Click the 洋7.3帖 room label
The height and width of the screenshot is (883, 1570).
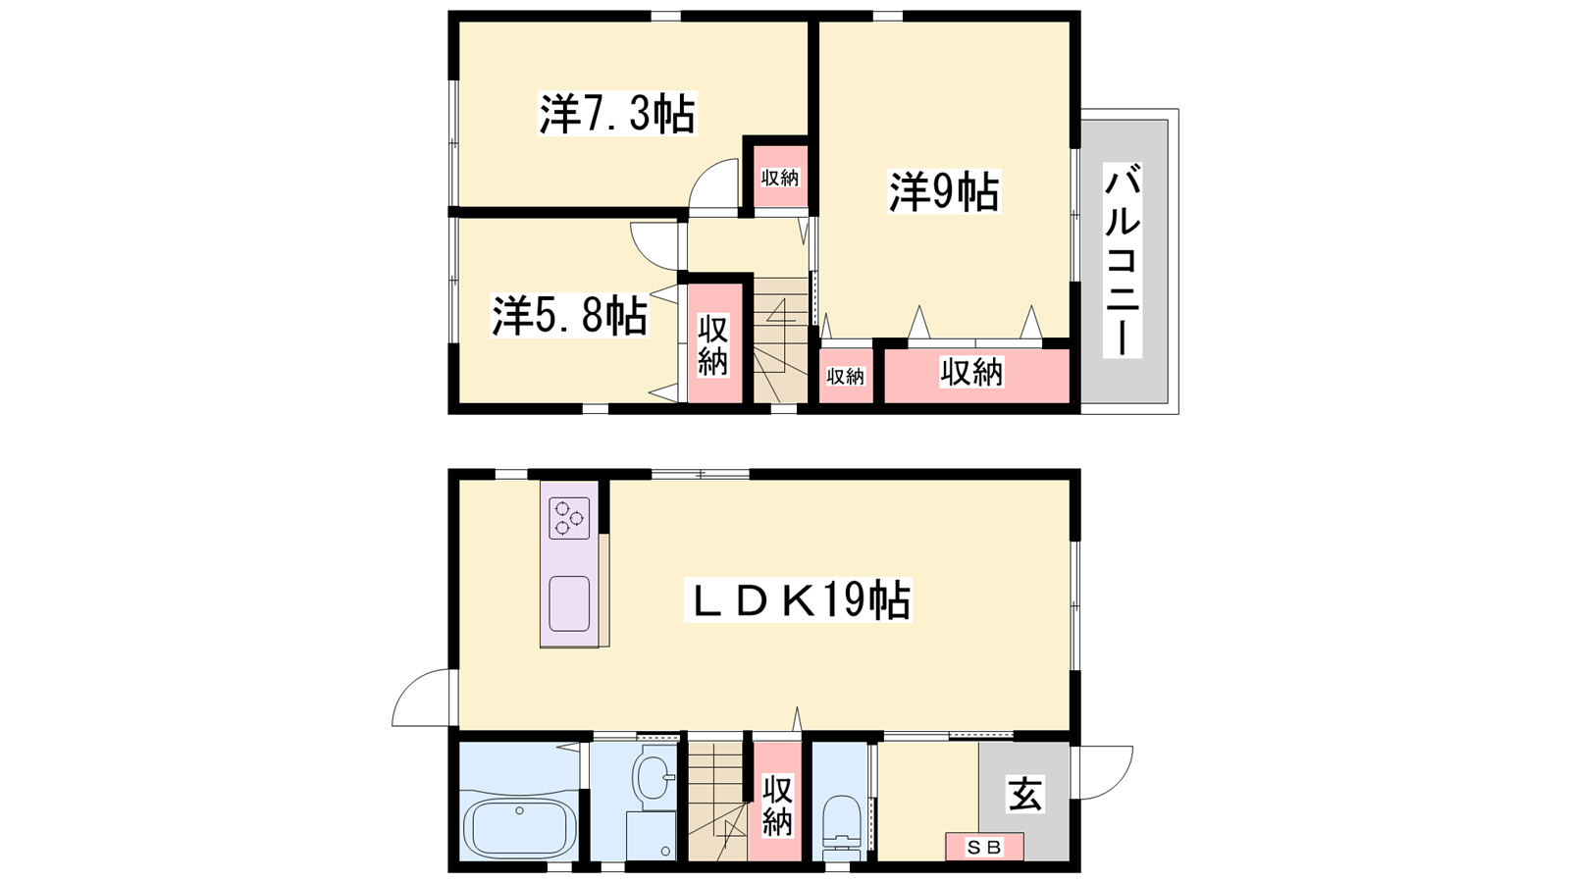pyautogui.click(x=617, y=114)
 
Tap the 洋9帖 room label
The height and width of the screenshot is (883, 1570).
pyautogui.click(x=944, y=190)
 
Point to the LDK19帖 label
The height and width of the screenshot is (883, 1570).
pyautogui.click(x=798, y=599)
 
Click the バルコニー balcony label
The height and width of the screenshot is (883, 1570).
pyautogui.click(x=1123, y=260)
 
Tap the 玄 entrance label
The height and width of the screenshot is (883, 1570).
pyautogui.click(x=1025, y=795)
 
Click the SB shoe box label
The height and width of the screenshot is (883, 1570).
pyautogui.click(x=984, y=848)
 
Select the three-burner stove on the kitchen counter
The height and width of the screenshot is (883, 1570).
pyautogui.click(x=568, y=518)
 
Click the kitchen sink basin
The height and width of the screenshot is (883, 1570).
pyautogui.click(x=568, y=604)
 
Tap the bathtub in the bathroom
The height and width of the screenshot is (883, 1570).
pyautogui.click(x=519, y=828)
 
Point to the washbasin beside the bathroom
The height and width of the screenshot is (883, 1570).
pyautogui.click(x=653, y=777)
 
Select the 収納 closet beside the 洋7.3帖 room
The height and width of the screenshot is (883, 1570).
pyautogui.click(x=780, y=177)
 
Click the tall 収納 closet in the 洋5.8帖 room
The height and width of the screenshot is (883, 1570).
pyautogui.click(x=714, y=343)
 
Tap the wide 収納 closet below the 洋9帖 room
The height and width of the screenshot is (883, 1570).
pyautogui.click(x=976, y=376)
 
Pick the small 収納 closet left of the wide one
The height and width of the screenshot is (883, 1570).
pyautogui.click(x=846, y=376)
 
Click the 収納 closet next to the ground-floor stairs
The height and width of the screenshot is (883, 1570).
pyautogui.click(x=776, y=805)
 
